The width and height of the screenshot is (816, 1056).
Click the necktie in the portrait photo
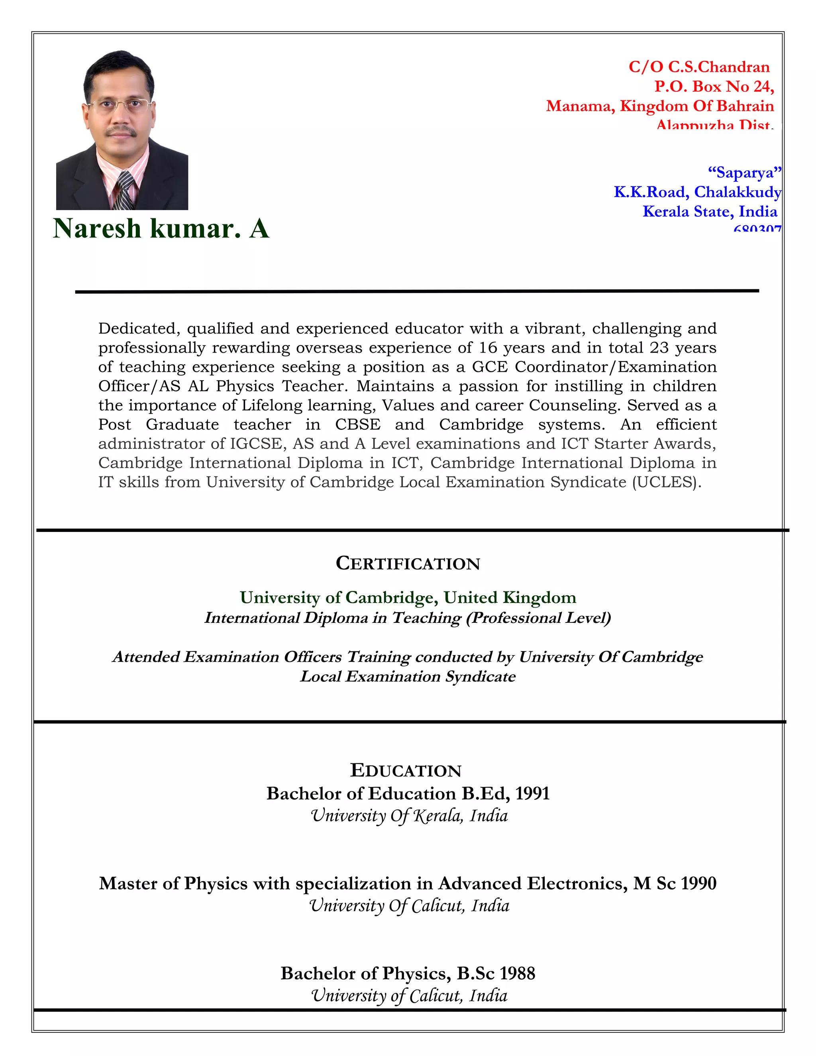(x=125, y=190)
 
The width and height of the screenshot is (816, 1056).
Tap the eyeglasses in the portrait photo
(x=120, y=104)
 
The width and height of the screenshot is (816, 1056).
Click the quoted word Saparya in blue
(x=744, y=173)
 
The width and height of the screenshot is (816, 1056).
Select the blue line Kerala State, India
(x=710, y=211)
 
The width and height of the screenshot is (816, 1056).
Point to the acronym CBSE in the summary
(x=358, y=424)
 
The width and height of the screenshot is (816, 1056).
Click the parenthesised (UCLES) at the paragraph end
(x=666, y=482)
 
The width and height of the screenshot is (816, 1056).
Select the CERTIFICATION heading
(x=408, y=563)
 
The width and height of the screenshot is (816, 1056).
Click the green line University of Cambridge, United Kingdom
(x=408, y=598)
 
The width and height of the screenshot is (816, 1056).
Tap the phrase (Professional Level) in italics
(x=538, y=618)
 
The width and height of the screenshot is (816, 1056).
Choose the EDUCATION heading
(x=406, y=771)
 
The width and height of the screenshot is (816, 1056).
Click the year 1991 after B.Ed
(x=532, y=793)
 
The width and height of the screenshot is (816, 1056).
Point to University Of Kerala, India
(x=409, y=816)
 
